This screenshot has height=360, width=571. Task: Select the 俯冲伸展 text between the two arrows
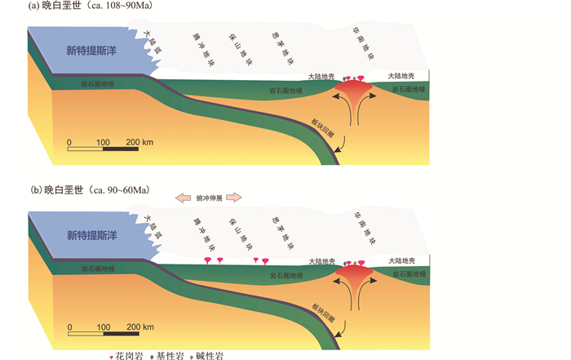coord(210,197)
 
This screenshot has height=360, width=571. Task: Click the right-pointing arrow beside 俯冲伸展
coord(234,197)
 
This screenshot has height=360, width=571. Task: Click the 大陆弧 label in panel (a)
coord(150,40)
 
